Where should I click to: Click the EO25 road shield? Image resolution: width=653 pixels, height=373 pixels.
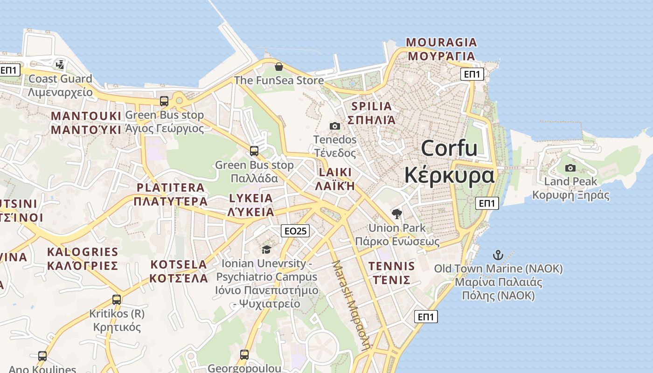(296, 230)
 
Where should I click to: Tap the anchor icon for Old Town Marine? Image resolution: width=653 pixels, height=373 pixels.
(498, 255)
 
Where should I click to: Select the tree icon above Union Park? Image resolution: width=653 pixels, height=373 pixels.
(397, 214)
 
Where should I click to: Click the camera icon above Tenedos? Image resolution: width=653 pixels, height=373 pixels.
(334, 126)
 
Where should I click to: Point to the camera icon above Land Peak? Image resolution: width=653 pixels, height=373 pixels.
(570, 168)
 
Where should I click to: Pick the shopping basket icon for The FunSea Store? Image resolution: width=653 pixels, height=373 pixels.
(279, 67)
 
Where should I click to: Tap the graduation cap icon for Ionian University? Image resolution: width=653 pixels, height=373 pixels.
(266, 250)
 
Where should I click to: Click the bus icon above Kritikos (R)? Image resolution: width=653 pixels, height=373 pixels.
(117, 300)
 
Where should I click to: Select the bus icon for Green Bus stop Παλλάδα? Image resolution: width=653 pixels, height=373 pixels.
(254, 151)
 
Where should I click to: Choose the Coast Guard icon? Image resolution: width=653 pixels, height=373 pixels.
(60, 64)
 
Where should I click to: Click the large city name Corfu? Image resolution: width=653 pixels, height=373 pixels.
(449, 148)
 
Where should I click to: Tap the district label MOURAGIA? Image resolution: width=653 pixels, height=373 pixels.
(441, 42)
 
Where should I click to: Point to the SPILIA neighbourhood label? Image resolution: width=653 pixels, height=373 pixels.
(372, 106)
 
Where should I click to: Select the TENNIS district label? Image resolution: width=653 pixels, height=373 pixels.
(391, 266)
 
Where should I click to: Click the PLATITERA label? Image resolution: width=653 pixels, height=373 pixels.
(170, 188)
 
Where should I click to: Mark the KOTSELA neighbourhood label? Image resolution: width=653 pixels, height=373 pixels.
(178, 265)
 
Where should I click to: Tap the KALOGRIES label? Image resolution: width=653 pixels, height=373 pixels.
(83, 252)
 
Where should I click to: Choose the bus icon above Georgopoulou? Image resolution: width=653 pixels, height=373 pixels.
(244, 355)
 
